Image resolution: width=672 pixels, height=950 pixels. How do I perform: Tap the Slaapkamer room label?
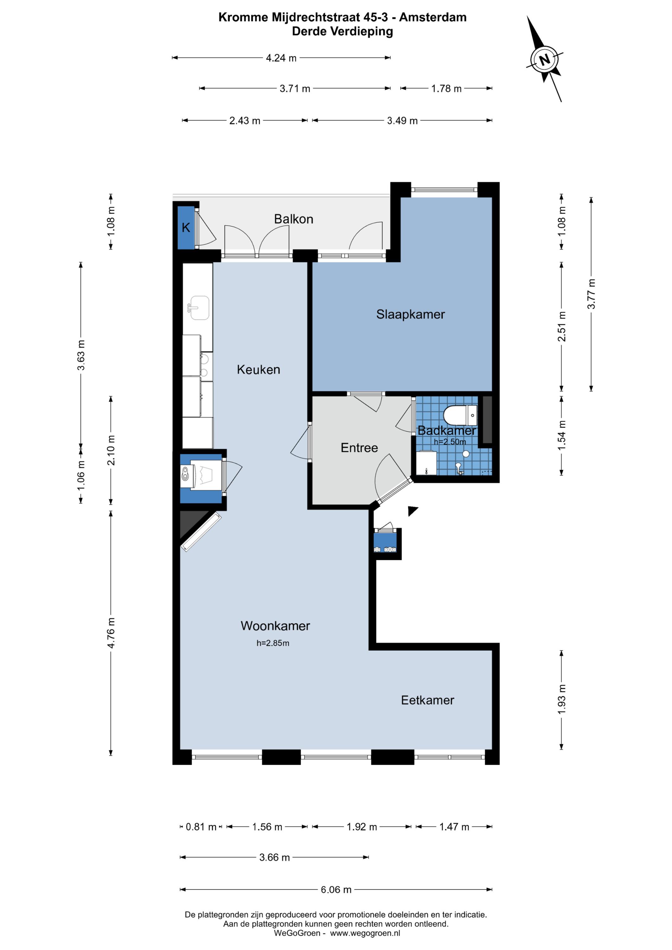[x=410, y=314]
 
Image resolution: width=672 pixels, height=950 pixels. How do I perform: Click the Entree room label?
[x=359, y=448]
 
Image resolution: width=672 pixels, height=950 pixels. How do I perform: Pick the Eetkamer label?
[x=428, y=700]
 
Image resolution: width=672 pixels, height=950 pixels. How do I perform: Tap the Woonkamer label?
[x=275, y=626]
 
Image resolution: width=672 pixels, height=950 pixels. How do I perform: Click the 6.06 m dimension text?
[x=336, y=890]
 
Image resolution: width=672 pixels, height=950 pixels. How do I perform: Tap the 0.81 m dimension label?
[x=201, y=827]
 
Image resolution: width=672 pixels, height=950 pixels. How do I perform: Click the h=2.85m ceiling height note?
[x=273, y=643]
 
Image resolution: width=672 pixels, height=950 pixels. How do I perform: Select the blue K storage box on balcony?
[x=186, y=228]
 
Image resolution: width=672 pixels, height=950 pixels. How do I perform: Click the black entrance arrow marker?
[x=413, y=510]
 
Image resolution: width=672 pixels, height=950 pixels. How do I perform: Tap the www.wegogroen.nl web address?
[x=365, y=933]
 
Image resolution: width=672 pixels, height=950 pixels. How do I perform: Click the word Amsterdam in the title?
[x=433, y=17]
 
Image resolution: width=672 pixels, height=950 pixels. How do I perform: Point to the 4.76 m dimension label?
[x=111, y=633]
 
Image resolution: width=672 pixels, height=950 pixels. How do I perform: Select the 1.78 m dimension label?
[x=446, y=89]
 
